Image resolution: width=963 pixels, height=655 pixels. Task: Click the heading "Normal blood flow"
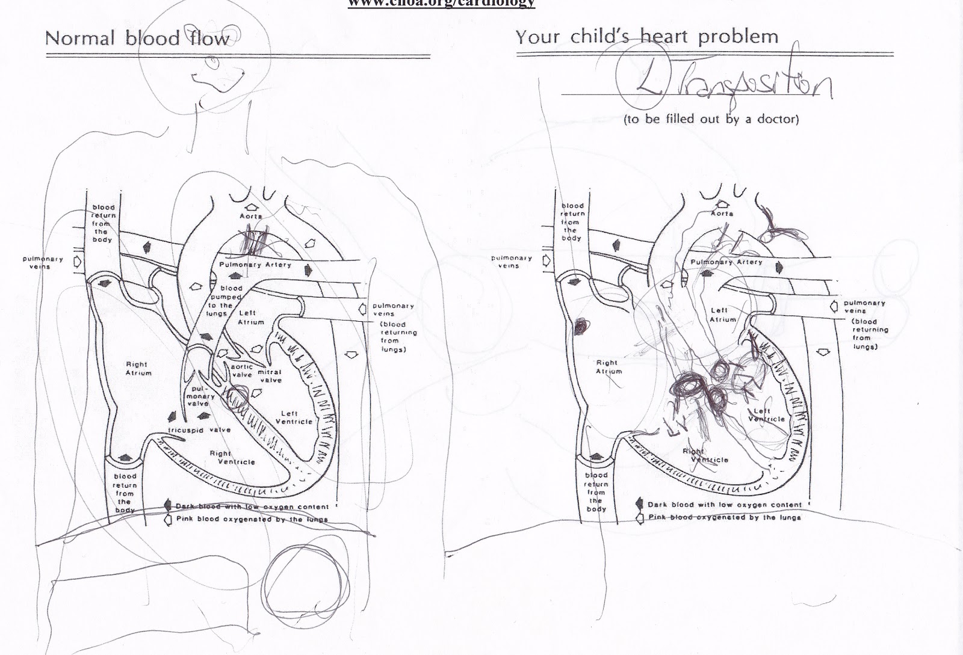coord(137,39)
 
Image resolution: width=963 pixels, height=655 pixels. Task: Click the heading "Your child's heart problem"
coord(646,37)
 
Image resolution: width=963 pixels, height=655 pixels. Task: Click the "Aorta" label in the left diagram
coord(251,216)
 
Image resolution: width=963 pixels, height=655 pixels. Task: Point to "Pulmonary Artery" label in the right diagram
coord(726,262)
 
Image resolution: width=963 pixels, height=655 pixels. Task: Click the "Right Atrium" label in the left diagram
coord(138,369)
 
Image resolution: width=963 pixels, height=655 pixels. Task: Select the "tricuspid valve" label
coord(199,430)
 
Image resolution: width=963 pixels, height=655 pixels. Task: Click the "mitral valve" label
coord(270,376)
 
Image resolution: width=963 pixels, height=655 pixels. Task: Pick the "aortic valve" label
coord(242,371)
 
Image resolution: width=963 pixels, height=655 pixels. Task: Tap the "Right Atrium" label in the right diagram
coord(608,367)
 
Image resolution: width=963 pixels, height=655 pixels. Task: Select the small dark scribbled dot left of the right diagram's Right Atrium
coord(580,327)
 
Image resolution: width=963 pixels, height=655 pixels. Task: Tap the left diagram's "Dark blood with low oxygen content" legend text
coord(252,507)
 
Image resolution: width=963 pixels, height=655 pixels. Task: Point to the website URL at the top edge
coord(442,4)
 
